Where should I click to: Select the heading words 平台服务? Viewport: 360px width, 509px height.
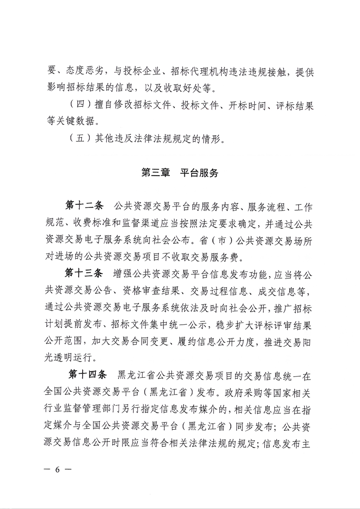coord(199,173)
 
